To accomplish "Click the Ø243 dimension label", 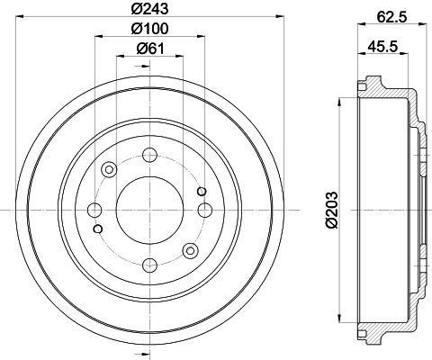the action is pyautogui.click(x=150, y=9).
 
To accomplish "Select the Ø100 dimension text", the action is pyautogui.click(x=150, y=29).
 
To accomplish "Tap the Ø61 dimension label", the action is pyautogui.click(x=150, y=49).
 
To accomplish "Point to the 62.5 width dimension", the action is pyautogui.click(x=391, y=18).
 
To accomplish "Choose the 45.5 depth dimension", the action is pyautogui.click(x=382, y=47).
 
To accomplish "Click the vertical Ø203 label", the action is pyautogui.click(x=332, y=210).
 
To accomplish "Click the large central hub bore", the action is pyautogui.click(x=149, y=210).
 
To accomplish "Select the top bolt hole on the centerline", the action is pyautogui.click(x=149, y=155).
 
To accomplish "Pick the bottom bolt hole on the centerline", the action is pyautogui.click(x=149, y=265).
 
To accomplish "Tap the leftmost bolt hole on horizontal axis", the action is pyautogui.click(x=94, y=210).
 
